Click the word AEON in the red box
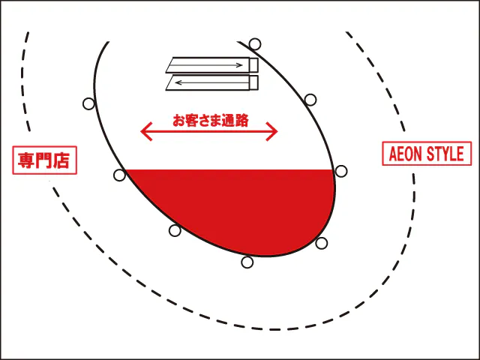[x=406, y=154]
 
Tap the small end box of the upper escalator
[x=253, y=65]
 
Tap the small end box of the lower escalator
[x=253, y=82]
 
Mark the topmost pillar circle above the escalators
[x=255, y=43]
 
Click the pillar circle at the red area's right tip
[x=341, y=171]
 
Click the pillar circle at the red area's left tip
[x=119, y=175]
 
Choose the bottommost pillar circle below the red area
[x=247, y=262]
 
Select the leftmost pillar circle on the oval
[x=88, y=103]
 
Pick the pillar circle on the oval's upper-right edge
[x=310, y=99]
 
